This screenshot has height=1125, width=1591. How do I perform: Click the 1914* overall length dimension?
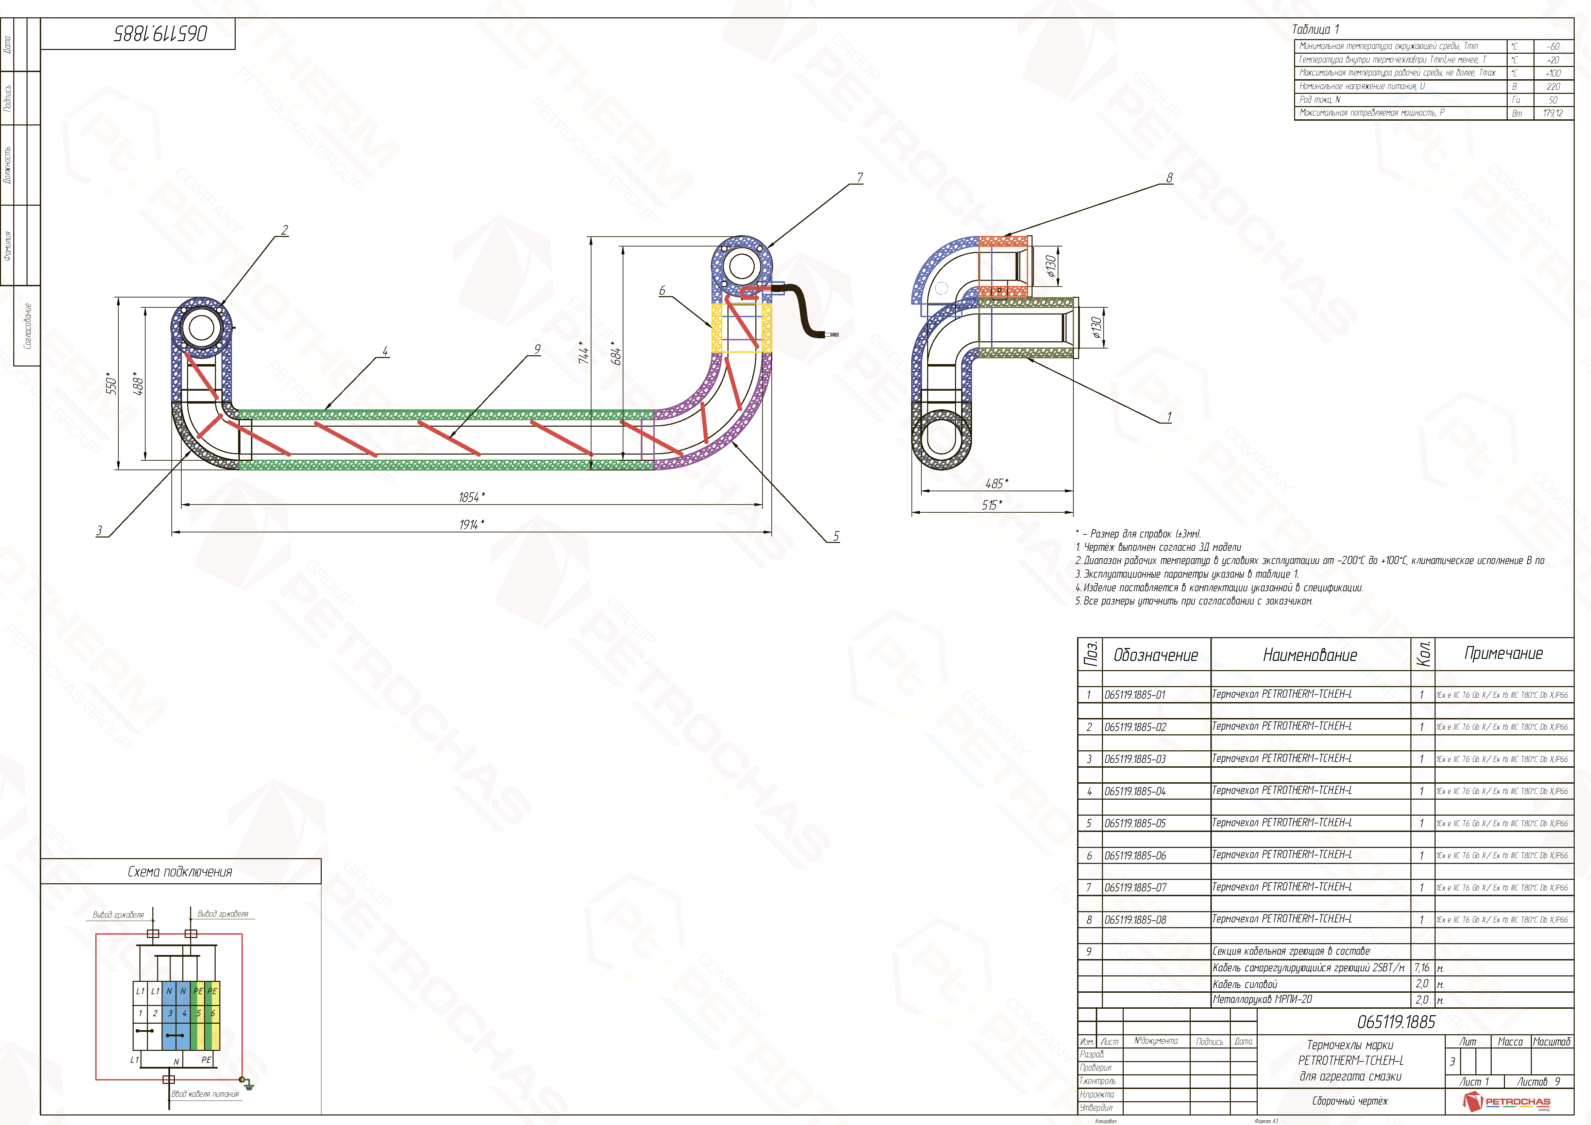coord(471,524)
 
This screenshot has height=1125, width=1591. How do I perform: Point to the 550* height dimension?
coord(111,383)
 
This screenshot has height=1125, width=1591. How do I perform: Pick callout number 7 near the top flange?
coord(860,178)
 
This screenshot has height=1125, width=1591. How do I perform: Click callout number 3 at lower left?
coord(99,531)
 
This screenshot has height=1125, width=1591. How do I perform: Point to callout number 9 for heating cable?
coord(537,349)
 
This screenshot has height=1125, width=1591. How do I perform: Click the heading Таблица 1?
coord(1315,29)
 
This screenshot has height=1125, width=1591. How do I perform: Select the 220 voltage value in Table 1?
coord(1553,87)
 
